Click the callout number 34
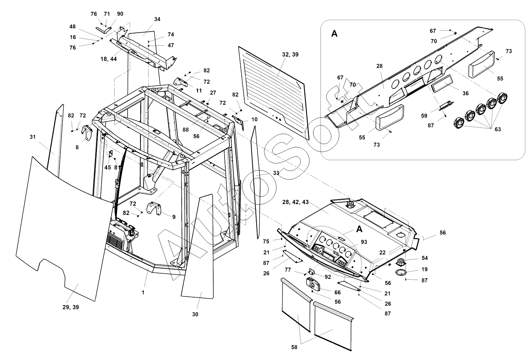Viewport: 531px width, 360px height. (157, 19)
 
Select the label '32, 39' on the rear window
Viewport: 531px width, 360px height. (290, 54)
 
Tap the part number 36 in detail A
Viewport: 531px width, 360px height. (465, 93)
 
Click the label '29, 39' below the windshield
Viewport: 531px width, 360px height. (71, 307)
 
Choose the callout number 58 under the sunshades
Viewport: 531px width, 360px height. (294, 347)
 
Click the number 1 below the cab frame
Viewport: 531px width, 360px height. (143, 292)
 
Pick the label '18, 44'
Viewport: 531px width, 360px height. (109, 59)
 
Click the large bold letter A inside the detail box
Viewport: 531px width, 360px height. (334, 34)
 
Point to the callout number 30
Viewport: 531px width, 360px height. (195, 314)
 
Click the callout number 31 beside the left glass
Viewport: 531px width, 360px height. (33, 137)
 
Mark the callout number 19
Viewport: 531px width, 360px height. (425, 270)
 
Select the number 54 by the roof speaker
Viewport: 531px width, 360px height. (425, 258)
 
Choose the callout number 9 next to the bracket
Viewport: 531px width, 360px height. (174, 217)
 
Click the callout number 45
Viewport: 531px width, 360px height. (108, 168)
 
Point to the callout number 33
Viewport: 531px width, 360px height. (276, 173)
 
